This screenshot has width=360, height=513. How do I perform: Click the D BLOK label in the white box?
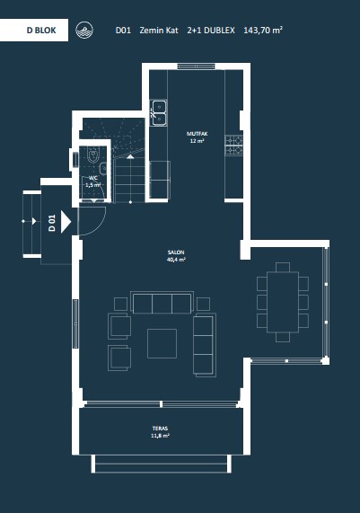41,31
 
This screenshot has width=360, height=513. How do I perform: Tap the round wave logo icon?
84,31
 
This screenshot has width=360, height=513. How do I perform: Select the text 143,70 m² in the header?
263,31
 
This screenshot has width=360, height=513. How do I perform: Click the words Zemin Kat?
159,31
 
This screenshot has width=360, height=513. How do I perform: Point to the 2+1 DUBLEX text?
211,31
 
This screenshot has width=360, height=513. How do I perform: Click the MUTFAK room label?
198,134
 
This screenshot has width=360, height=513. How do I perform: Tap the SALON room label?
176,252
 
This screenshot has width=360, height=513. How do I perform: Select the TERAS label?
160,429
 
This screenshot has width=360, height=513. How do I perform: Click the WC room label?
93,178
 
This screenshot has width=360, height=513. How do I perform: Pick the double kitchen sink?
159,113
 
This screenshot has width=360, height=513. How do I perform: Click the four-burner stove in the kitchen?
234,145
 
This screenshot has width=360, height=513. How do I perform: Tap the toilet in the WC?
93,155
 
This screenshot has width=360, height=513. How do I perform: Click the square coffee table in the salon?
162,343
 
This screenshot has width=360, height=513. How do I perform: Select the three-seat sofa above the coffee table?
162,303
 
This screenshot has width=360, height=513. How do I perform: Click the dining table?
283,302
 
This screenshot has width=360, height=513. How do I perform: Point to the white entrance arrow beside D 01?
66,222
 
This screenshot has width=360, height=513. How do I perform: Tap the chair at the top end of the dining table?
283,267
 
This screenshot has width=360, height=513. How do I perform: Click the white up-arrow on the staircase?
130,156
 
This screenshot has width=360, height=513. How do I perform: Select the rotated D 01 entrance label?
52,223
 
